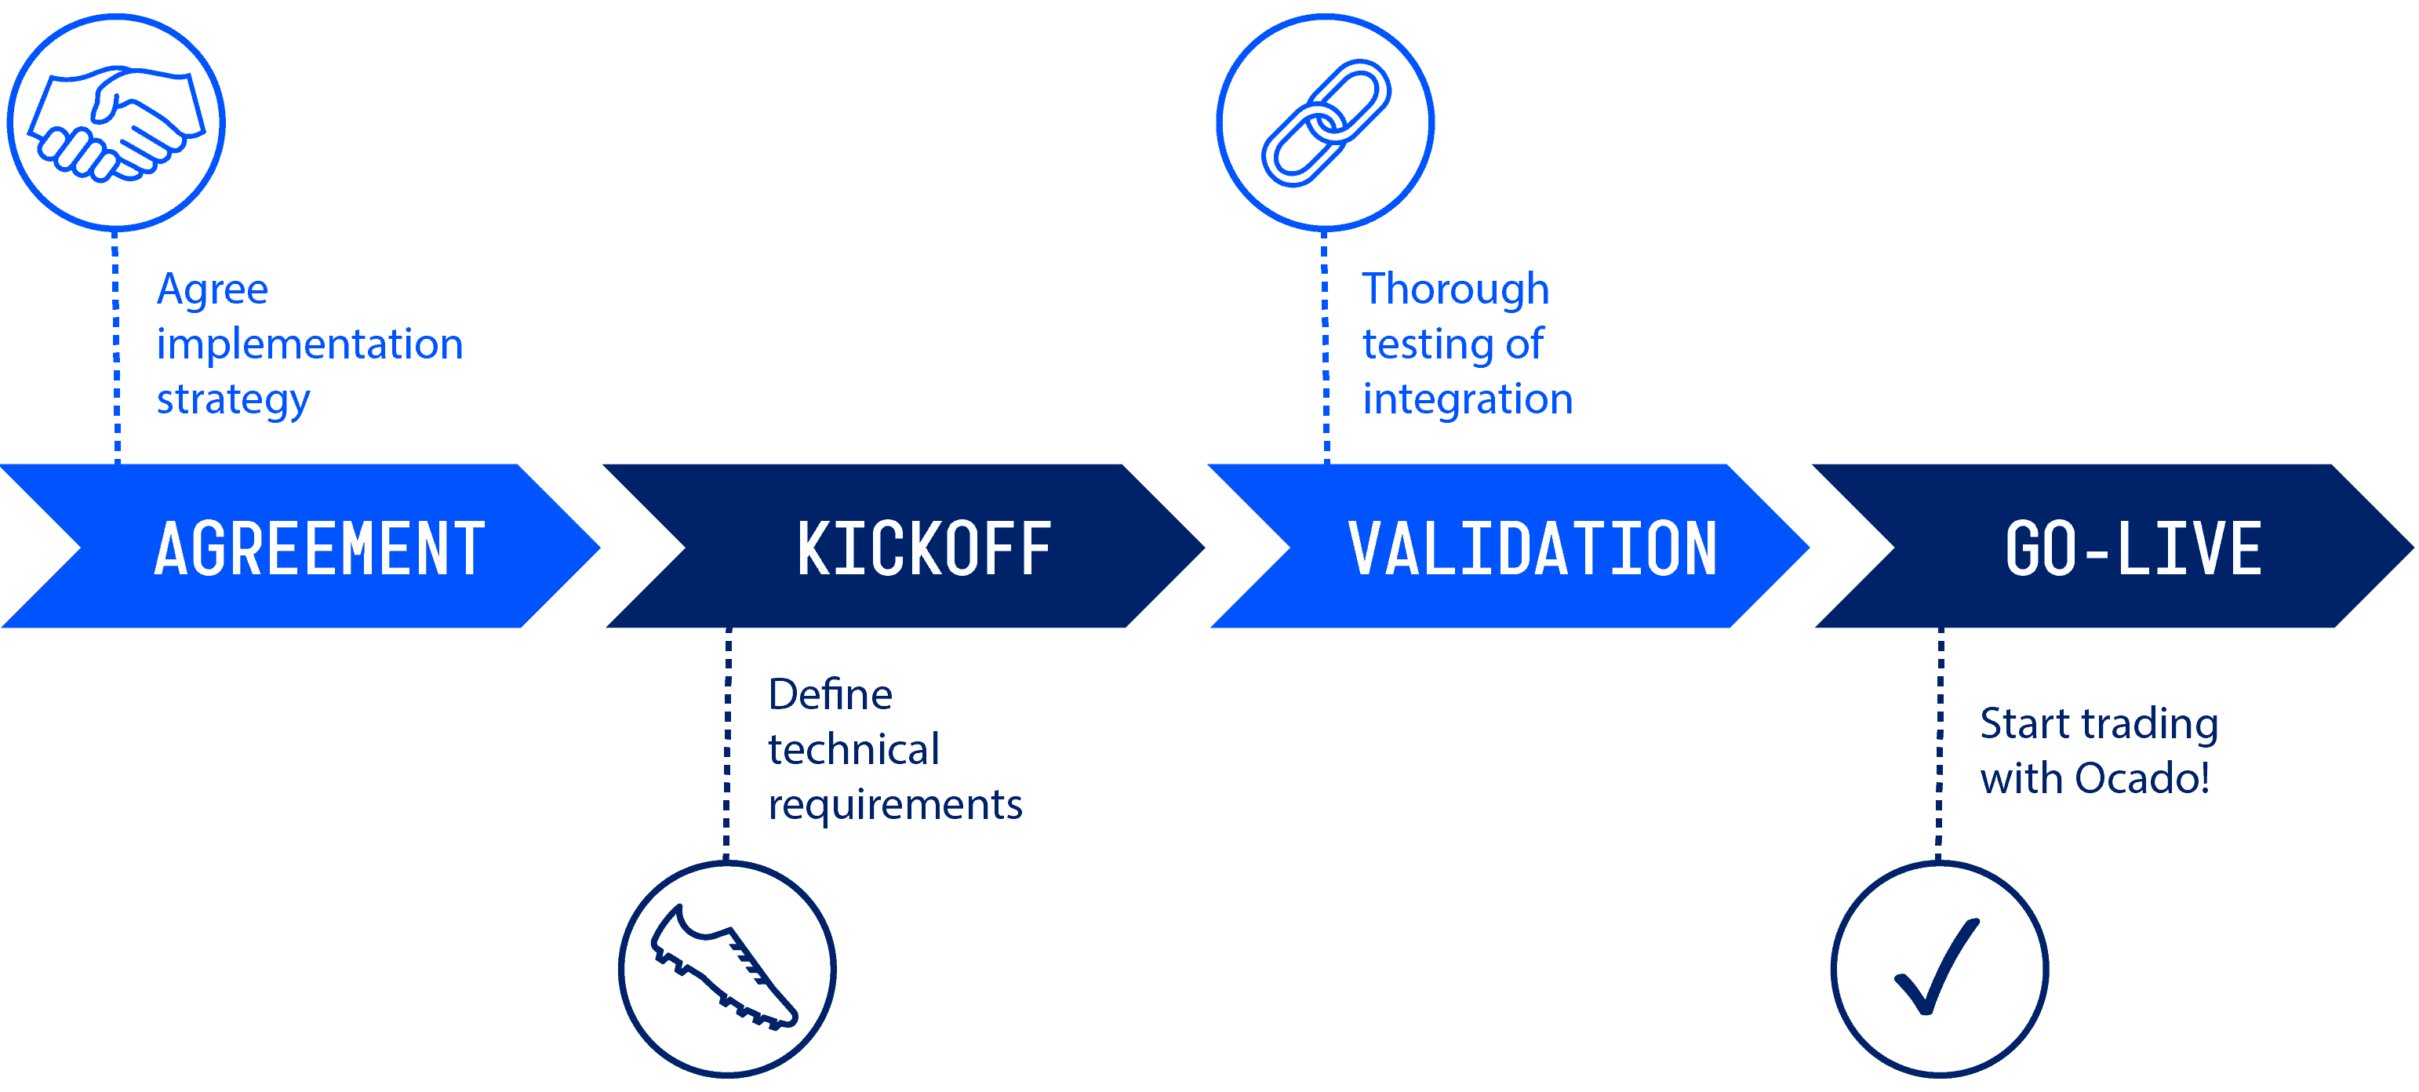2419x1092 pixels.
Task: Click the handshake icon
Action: pyautogui.click(x=115, y=123)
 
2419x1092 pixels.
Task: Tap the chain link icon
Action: pyautogui.click(x=1325, y=123)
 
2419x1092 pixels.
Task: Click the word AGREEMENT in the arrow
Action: pyautogui.click(x=319, y=548)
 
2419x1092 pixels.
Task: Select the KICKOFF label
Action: pyautogui.click(x=924, y=548)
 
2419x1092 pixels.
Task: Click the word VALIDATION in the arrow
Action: pyautogui.click(x=1533, y=548)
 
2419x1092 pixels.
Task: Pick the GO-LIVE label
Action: pyautogui.click(x=2133, y=548)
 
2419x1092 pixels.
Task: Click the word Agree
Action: pyautogui.click(x=213, y=289)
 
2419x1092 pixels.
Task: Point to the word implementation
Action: pyautogui.click(x=310, y=344)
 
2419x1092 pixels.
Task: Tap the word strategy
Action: pyautogui.click(x=233, y=400)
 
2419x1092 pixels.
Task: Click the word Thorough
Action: pyautogui.click(x=1454, y=289)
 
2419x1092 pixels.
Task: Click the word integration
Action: pyautogui.click(x=1468, y=400)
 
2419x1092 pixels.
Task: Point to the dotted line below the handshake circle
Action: pyautogui.click(x=116, y=348)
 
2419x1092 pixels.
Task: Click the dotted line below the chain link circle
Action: pyautogui.click(x=1325, y=348)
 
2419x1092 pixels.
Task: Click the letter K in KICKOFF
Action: pyautogui.click(x=814, y=548)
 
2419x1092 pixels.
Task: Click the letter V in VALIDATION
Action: pyautogui.click(x=1365, y=548)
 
